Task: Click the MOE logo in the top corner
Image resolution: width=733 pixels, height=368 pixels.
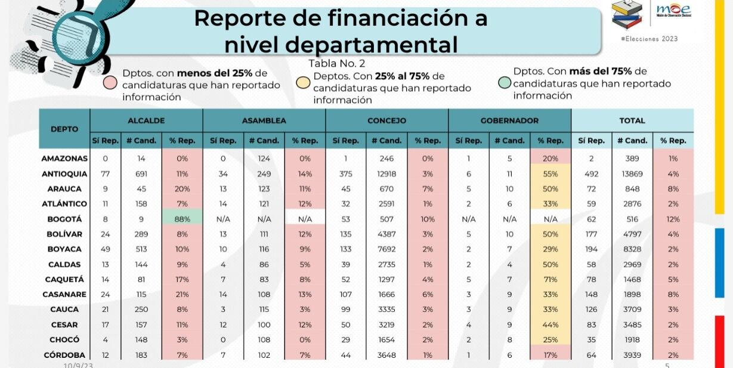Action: tap(673, 10)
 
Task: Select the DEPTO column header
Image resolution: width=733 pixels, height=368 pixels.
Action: tap(64, 129)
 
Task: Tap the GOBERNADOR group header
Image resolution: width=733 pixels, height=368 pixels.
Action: tap(509, 120)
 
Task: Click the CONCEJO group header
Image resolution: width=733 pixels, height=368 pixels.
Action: tap(386, 120)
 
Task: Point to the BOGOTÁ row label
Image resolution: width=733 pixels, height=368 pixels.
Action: tap(64, 219)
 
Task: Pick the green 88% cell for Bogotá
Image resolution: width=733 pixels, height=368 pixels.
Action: tap(182, 219)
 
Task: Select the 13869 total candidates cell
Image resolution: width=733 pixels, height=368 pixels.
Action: tap(632, 174)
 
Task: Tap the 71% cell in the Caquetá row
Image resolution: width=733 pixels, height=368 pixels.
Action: tap(550, 279)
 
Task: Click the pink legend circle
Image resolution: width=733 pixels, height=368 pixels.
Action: tap(110, 82)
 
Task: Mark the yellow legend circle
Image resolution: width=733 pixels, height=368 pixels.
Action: tap(303, 82)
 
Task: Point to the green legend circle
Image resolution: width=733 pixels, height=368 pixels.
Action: tap(505, 81)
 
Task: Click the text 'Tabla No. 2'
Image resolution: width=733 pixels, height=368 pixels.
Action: tap(336, 63)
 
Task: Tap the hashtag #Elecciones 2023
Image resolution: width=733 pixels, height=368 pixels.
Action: tap(649, 39)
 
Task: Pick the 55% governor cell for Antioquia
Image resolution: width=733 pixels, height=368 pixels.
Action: tap(550, 174)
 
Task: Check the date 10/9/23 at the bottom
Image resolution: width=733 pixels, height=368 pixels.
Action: tap(78, 364)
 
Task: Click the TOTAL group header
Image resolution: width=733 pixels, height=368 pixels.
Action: tap(632, 120)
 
